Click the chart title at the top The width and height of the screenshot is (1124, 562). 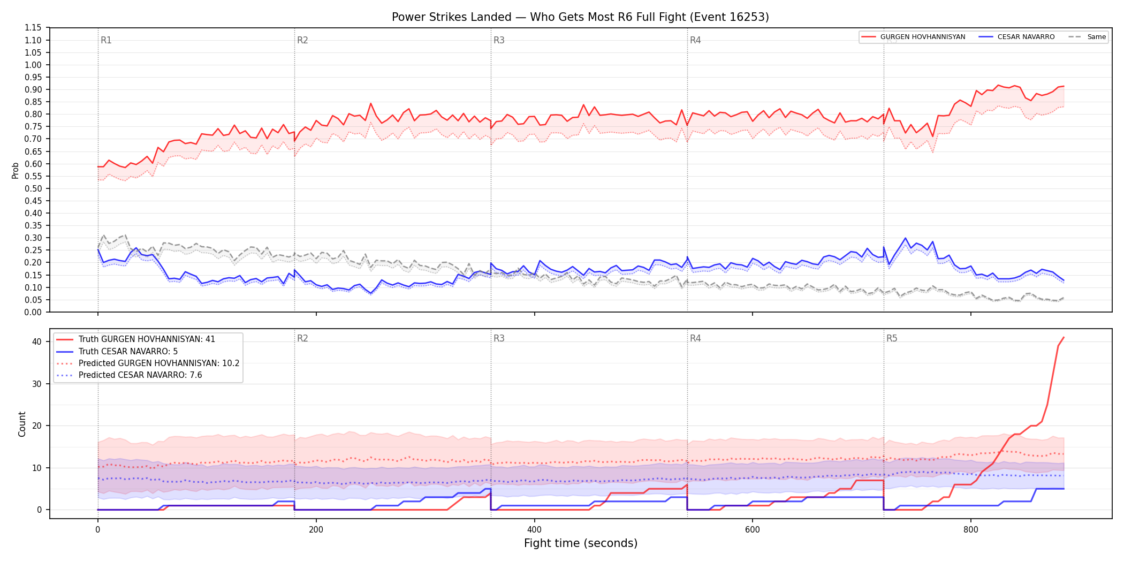pyautogui.click(x=580, y=17)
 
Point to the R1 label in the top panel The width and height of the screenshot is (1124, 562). pyautogui.click(x=106, y=40)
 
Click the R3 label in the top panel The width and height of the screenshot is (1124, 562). pyautogui.click(x=499, y=40)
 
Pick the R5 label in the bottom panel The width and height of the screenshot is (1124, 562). pyautogui.click(x=892, y=338)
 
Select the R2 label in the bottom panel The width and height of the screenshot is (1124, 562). pyautogui.click(x=302, y=338)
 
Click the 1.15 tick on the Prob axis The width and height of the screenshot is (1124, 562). pyautogui.click(x=33, y=28)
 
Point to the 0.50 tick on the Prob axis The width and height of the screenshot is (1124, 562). pyautogui.click(x=33, y=188)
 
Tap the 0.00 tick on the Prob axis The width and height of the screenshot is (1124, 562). pyautogui.click(x=33, y=312)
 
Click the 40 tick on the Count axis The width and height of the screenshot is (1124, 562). pyautogui.click(x=37, y=341)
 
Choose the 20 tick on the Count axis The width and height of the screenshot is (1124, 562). pyautogui.click(x=37, y=426)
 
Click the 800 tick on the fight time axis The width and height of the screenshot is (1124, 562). pyautogui.click(x=970, y=530)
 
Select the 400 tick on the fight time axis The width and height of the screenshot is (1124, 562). pyautogui.click(x=534, y=530)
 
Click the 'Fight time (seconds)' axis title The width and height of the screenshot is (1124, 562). pyautogui.click(x=581, y=543)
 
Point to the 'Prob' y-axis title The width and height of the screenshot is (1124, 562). pyautogui.click(x=16, y=170)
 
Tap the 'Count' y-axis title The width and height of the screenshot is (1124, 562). pyautogui.click(x=22, y=424)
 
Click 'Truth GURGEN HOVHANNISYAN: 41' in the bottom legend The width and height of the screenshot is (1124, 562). pyautogui.click(x=147, y=339)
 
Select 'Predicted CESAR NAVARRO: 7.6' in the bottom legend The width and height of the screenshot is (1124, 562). pyautogui.click(x=140, y=375)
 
